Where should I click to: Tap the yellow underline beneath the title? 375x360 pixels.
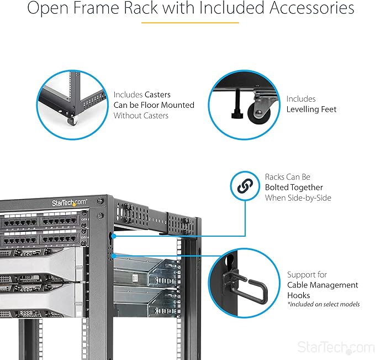tap(190, 23)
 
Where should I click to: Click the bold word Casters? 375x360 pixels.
tap(157, 95)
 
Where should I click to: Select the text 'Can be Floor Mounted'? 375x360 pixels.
tap(154, 105)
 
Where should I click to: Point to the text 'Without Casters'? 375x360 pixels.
tap(141, 116)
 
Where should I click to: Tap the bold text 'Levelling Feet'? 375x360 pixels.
tap(311, 109)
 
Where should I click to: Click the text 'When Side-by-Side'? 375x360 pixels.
tap(298, 197)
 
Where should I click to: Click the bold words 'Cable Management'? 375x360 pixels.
tap(323, 285)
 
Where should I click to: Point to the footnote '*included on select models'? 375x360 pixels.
tap(323, 304)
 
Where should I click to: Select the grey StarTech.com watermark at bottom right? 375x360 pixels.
tap(335, 347)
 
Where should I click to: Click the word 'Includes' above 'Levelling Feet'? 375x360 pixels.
tap(301, 99)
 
